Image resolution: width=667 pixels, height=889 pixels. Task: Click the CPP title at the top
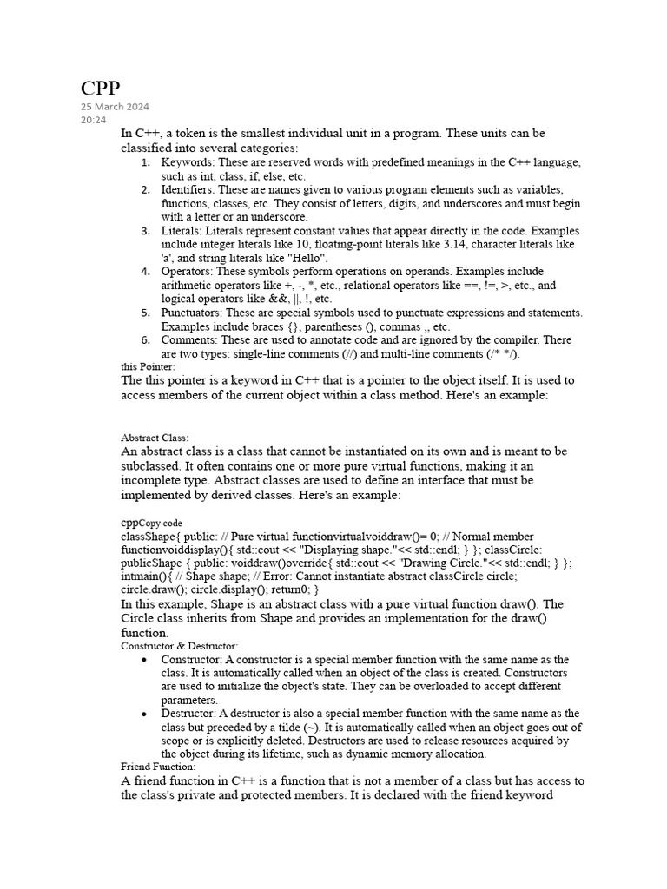tap(100, 89)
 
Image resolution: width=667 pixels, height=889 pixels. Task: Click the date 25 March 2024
tap(115, 107)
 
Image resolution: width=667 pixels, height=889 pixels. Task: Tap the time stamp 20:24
tap(93, 120)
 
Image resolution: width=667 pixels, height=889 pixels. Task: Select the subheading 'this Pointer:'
tap(148, 366)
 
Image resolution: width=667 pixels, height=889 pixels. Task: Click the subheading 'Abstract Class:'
tap(155, 438)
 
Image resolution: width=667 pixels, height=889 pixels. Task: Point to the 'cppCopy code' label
tap(151, 523)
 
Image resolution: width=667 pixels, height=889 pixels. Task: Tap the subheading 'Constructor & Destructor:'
tap(179, 646)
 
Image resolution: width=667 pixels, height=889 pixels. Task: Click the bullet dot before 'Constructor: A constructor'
tap(143, 661)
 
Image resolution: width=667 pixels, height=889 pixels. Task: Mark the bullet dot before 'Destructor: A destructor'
tap(143, 714)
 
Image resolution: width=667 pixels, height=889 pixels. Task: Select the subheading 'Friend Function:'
tap(158, 767)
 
